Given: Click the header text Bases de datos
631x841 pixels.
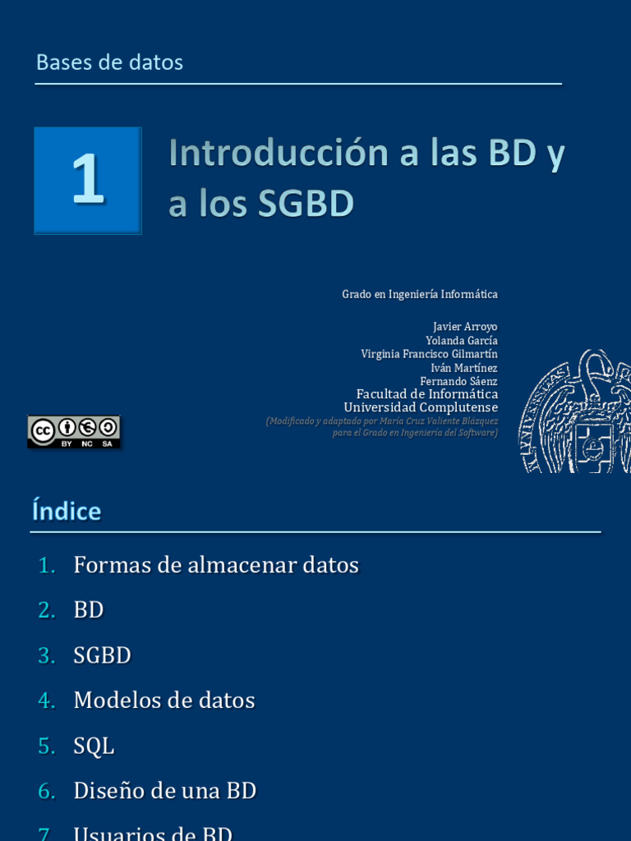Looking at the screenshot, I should tap(109, 62).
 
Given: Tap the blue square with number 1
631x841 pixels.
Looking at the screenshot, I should tap(88, 181).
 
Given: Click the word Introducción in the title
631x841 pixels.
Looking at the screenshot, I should tap(279, 154).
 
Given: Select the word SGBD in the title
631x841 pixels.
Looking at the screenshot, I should tap(306, 205).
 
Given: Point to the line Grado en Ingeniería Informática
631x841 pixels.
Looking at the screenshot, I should tap(419, 294).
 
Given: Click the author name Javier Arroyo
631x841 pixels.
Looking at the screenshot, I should tap(465, 327).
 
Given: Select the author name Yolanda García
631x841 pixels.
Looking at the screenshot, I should tap(461, 340).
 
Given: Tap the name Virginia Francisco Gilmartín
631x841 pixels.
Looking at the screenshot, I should tap(429, 354).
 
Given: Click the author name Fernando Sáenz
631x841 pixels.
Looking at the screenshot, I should tap(458, 381).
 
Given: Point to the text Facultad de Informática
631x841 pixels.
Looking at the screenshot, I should tap(426, 394).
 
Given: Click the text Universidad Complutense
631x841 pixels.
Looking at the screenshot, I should tap(420, 407).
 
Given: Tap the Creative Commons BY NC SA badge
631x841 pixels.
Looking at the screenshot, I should tap(74, 432).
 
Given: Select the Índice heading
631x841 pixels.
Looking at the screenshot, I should tap(67, 512).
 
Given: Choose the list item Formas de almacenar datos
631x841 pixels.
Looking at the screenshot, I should tap(216, 565).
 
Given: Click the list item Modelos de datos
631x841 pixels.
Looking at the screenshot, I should tap(164, 701).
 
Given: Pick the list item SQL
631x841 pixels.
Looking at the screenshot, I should tap(94, 746).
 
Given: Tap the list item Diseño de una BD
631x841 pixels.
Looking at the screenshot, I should tap(165, 791).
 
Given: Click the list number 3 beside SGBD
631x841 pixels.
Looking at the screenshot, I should tap(46, 655).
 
